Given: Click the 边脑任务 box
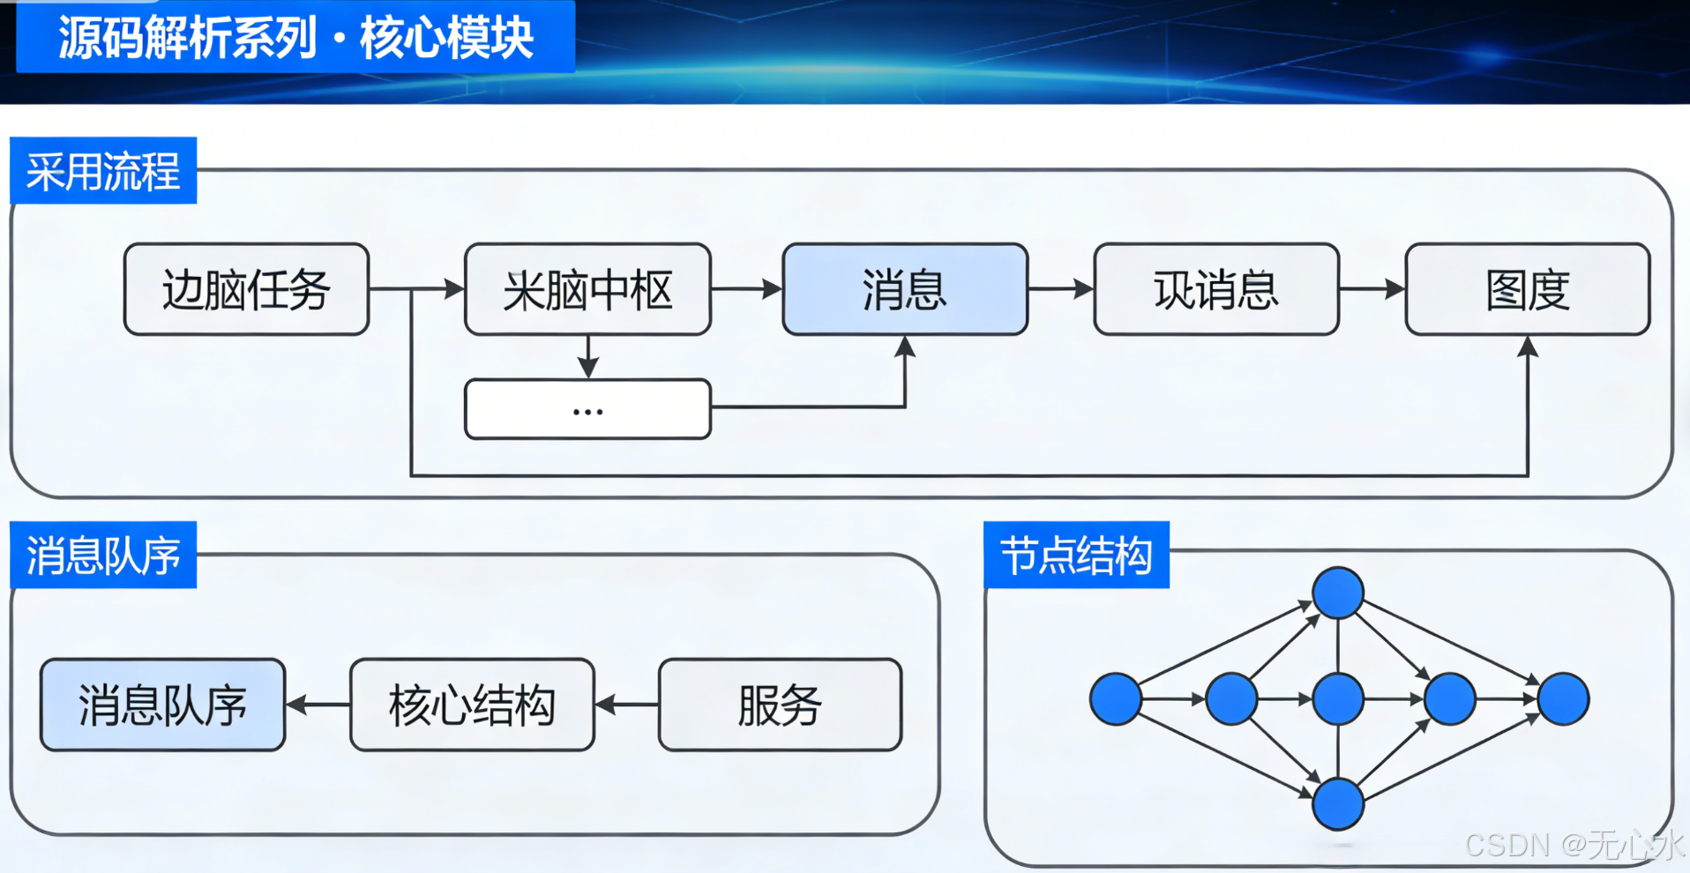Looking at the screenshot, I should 246,289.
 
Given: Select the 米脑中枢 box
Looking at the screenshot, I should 587,289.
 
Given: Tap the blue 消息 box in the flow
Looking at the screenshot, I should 905,289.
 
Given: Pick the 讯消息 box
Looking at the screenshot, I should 1216,289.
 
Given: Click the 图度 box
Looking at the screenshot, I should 1527,289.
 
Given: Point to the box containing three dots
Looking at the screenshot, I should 587,409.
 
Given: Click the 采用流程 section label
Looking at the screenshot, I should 103,170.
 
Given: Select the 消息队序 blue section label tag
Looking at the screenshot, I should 103,555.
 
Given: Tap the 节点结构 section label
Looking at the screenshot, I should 1076,555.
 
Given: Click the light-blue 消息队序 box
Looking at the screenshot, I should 163,705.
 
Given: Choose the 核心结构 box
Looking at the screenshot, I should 472,705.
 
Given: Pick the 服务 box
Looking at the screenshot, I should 780,705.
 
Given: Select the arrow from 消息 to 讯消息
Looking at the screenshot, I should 1060,288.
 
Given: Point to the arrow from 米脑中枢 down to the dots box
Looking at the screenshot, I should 588,356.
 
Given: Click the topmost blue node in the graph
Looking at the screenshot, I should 1338,593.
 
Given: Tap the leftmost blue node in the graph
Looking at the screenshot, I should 1116,699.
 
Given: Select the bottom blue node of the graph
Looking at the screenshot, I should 1338,804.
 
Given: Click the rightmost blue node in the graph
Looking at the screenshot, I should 1563,699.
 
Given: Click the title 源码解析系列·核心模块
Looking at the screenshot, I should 295,38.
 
